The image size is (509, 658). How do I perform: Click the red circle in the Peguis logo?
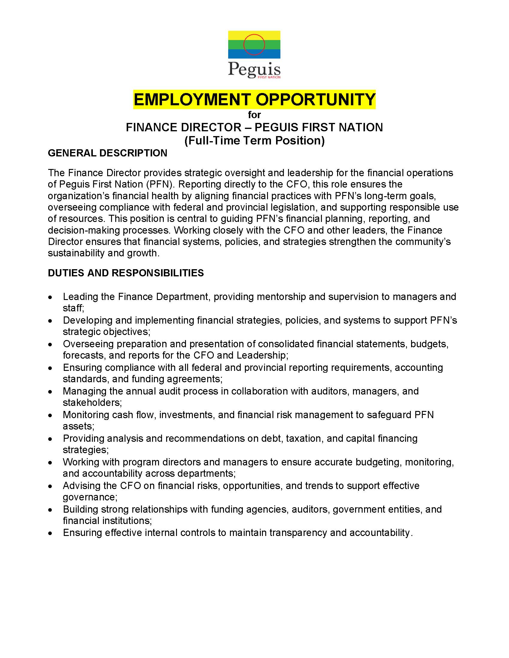point(254,45)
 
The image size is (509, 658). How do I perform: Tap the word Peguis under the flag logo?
point(254,69)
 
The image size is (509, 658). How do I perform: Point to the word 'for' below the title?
point(254,115)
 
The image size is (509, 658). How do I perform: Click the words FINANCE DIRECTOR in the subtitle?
point(183,127)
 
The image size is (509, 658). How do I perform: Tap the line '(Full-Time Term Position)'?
point(254,141)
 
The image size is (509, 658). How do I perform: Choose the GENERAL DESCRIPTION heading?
point(107,153)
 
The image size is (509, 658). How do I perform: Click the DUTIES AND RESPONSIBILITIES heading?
point(126,273)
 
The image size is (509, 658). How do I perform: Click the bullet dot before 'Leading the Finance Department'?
point(50,297)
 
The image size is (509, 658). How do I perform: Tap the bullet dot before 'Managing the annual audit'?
point(50,392)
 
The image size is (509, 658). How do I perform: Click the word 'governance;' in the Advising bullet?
point(90,497)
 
